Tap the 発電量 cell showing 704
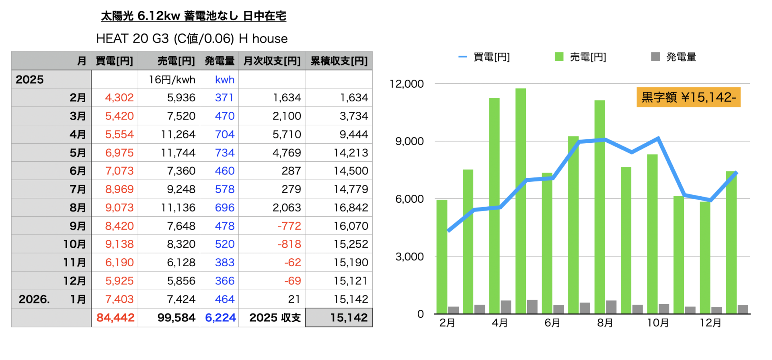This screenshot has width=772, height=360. pyautogui.click(x=224, y=134)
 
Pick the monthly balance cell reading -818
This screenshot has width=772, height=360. pyautogui.click(x=289, y=244)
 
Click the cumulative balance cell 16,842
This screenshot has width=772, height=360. pyautogui.click(x=351, y=208)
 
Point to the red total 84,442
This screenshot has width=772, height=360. pyautogui.click(x=115, y=318)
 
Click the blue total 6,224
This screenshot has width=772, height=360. pyautogui.click(x=220, y=318)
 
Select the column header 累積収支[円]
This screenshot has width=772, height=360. pyautogui.click(x=339, y=61)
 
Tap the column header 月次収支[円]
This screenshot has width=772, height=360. pyautogui.click(x=272, y=61)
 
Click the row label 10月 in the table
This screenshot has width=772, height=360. pyautogui.click(x=74, y=244)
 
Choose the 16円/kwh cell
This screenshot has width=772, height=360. pyautogui.click(x=172, y=80)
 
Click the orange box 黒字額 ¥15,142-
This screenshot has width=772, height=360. pyautogui.click(x=688, y=97)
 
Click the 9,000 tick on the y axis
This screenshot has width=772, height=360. pyautogui.click(x=409, y=141)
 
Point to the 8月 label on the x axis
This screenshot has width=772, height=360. pyautogui.click(x=605, y=323)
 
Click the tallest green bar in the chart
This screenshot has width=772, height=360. pyautogui.click(x=521, y=201)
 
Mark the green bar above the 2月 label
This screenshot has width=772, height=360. pyautogui.click(x=442, y=257)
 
